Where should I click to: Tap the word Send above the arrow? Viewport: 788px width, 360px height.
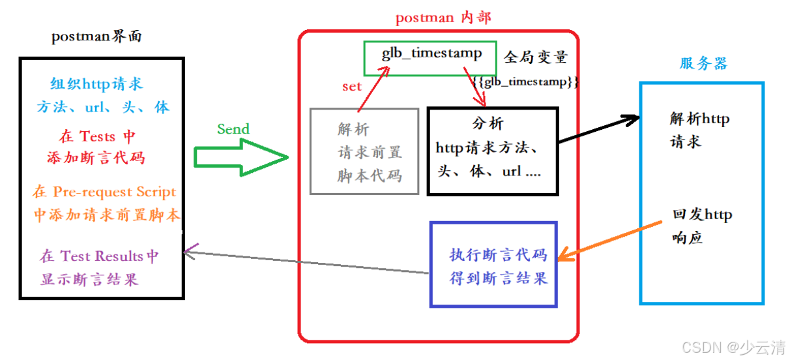coord(233,129)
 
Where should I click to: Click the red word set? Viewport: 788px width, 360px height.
coord(351,87)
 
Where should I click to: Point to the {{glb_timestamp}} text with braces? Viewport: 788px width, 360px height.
coord(526,83)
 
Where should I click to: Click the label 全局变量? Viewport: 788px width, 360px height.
coord(535,57)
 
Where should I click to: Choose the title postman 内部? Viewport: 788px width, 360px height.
coord(443,18)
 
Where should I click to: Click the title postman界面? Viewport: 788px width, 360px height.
coord(96,37)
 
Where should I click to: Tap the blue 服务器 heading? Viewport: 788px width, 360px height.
coord(703,63)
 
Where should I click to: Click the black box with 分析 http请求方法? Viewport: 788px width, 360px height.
coord(492,151)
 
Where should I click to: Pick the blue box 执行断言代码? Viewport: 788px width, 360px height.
coord(493,265)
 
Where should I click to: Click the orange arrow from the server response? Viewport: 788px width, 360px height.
coord(609,240)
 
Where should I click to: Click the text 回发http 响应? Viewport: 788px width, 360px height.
coord(701,226)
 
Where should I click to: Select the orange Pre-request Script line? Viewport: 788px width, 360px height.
coord(104,192)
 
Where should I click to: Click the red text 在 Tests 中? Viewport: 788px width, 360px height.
coord(96,136)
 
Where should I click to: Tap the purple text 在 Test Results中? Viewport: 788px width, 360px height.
coord(99,256)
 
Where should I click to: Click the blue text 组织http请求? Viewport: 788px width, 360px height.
coord(96,84)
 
